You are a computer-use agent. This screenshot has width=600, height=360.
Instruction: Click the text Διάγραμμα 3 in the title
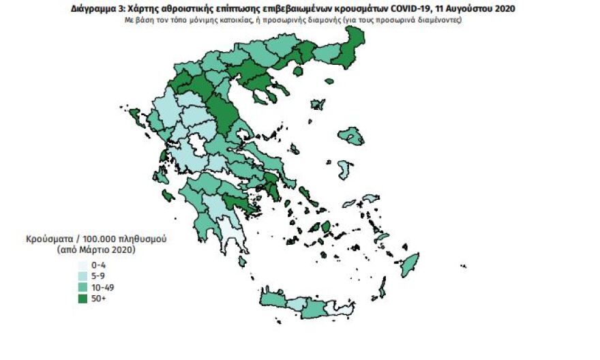click(95, 10)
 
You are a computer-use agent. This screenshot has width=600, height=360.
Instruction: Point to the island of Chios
click(345, 167)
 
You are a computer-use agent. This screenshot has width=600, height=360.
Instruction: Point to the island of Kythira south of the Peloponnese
click(242, 262)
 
